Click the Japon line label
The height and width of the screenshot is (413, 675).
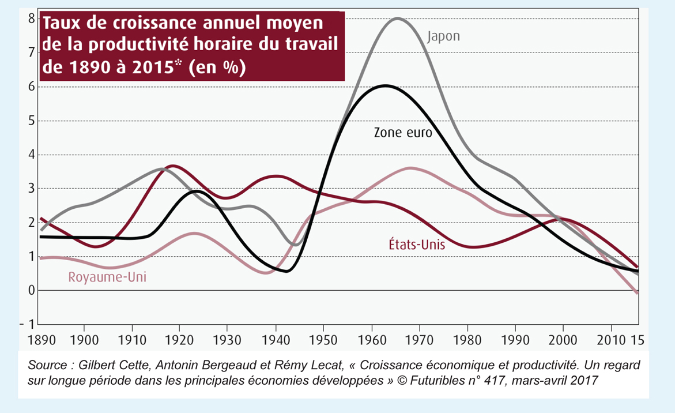coord(443,36)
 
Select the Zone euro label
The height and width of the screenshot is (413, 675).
coord(403,132)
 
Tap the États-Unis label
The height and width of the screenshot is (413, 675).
coord(416,245)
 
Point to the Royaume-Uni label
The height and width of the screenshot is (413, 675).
coord(107,277)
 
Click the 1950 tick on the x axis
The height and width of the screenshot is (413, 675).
coord(323,338)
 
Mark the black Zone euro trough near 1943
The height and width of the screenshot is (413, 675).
coord(286,271)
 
